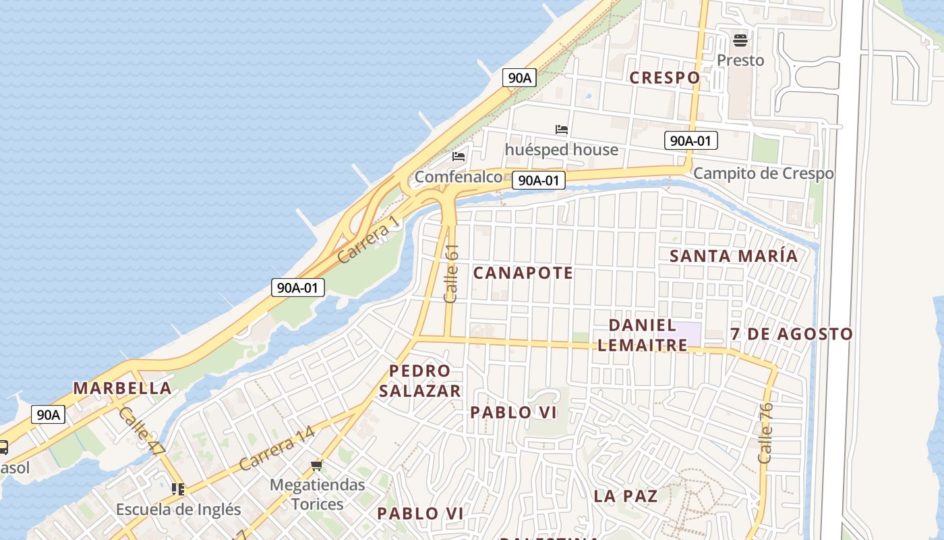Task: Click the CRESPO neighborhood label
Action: click(664, 78)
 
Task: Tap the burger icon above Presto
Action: click(740, 40)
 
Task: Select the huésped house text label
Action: click(561, 149)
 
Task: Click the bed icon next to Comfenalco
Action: click(459, 157)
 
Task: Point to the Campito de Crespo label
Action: click(763, 173)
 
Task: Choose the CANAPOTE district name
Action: click(523, 273)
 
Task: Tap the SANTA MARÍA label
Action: click(734, 256)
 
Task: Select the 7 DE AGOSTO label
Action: click(792, 334)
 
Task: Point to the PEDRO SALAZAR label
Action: click(419, 381)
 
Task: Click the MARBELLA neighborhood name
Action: click(122, 388)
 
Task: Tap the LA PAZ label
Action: click(625, 496)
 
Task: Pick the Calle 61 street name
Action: click(451, 273)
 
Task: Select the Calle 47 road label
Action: click(142, 431)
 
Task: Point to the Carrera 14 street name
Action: click(276, 448)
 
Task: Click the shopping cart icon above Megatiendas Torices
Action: click(317, 466)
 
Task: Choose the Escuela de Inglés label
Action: click(178, 509)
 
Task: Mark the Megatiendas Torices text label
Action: click(317, 494)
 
